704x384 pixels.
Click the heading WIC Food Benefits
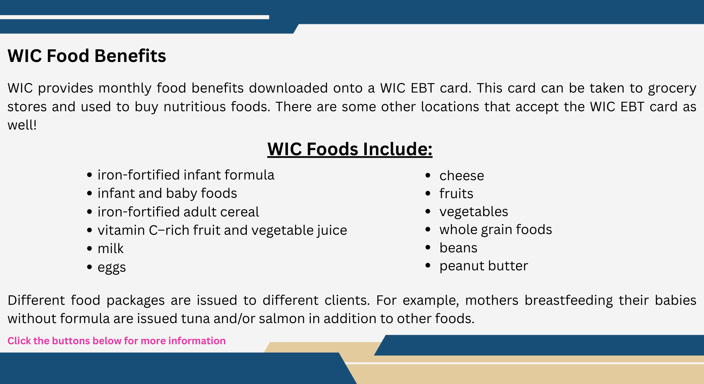coord(87,56)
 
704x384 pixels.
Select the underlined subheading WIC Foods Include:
coord(350,149)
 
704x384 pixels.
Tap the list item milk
coord(111,249)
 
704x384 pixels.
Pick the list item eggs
coord(112,267)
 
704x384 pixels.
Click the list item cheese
coord(461,176)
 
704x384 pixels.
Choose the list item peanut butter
coord(484,266)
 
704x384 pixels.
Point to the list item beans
coord(458,248)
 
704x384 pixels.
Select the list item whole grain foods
coord(496,229)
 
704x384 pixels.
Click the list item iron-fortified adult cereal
coord(178,212)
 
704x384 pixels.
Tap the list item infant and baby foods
coord(167,193)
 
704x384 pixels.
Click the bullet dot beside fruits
coord(428,193)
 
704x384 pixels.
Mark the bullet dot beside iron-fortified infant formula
coord(89,175)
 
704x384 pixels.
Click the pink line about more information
coord(117,341)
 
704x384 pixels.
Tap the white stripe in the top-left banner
coord(134,17)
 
